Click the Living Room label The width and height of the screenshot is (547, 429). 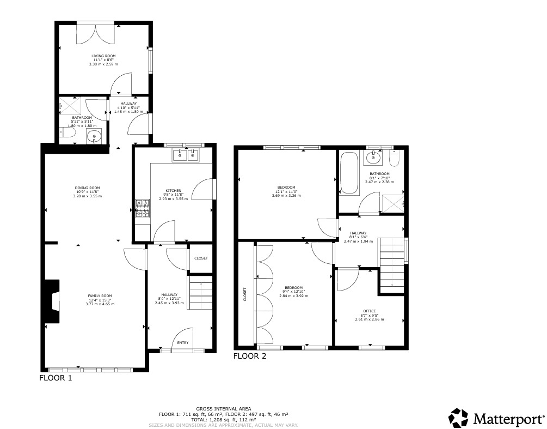[x=103, y=56]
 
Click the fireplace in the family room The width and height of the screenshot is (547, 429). [x=54, y=301]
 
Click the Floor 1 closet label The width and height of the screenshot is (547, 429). [x=201, y=258]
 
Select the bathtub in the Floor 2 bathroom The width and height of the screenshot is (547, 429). [x=347, y=173]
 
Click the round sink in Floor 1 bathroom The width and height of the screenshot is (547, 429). [x=95, y=136]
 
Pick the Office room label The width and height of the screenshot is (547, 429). [x=369, y=311]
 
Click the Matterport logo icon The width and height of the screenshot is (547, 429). [x=458, y=418]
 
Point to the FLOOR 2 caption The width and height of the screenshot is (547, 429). [x=250, y=357]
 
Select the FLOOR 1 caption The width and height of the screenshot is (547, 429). [x=56, y=377]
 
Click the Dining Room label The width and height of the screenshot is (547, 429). [x=87, y=188]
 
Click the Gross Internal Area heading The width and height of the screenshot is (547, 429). [x=223, y=408]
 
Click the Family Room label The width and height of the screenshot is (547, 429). [x=100, y=295]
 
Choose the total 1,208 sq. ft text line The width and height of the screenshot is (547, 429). [x=224, y=420]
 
